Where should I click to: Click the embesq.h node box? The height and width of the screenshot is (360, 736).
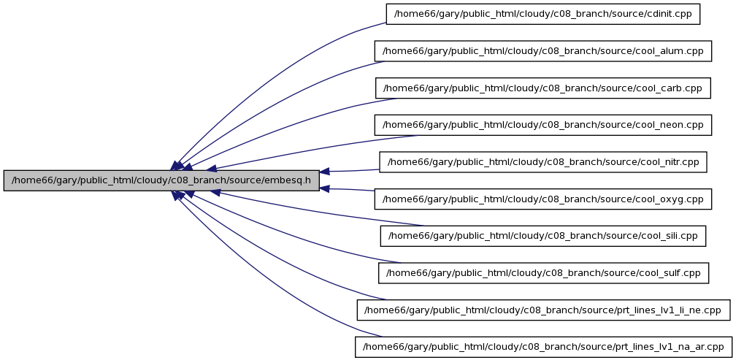click(161, 180)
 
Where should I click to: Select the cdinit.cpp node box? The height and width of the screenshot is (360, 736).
click(543, 14)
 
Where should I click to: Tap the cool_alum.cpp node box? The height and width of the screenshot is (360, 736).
click(543, 51)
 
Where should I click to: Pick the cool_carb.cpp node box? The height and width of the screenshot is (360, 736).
click(543, 88)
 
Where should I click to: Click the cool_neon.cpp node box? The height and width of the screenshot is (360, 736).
click(543, 126)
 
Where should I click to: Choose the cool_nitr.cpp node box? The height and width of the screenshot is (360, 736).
click(543, 162)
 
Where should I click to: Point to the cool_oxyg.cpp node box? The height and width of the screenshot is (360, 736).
click(543, 199)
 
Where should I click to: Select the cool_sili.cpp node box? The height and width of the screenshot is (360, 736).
click(543, 236)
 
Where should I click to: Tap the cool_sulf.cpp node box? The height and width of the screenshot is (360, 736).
click(543, 273)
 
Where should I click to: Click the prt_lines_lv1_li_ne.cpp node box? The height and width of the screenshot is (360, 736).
click(543, 310)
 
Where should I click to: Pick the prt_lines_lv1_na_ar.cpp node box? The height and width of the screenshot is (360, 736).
click(543, 348)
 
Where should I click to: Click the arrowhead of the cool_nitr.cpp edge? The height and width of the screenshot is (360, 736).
click(325, 172)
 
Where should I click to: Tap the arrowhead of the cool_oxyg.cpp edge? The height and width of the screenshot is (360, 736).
click(325, 188)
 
